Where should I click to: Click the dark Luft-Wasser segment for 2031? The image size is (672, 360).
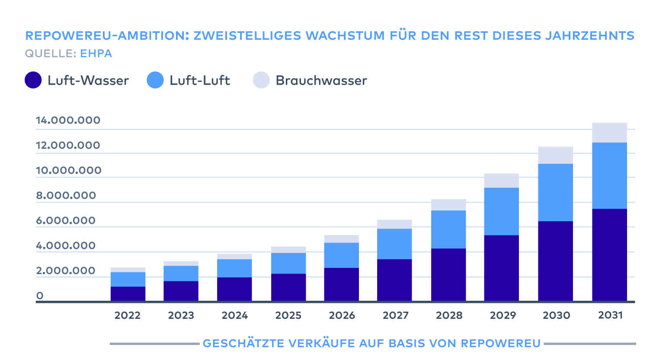pos(609,255)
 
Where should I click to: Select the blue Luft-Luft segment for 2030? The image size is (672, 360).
pos(555,192)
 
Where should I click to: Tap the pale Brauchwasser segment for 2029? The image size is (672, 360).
pos(501,181)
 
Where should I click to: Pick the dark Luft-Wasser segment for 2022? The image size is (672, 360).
pos(128,293)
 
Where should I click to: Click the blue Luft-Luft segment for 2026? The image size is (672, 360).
pos(341,255)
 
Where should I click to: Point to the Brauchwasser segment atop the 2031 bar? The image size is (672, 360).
pos(609,133)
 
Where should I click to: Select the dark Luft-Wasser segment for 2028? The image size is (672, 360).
pos(448,274)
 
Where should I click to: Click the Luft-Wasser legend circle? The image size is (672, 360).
pos(33,80)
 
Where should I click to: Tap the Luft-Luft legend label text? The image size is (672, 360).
pos(199,80)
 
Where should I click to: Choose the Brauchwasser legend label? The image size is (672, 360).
pos(321,80)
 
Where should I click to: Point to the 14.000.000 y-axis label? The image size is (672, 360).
pos(68,120)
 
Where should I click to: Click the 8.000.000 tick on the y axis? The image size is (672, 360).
pos(66,195)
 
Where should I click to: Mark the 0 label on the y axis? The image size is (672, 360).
pos(40,296)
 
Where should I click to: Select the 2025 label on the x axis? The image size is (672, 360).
pos(288,315)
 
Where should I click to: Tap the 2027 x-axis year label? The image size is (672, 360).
pos(395,315)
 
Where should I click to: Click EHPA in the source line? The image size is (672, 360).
pos(96,54)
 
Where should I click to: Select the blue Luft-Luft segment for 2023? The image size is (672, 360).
pos(181,273)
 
